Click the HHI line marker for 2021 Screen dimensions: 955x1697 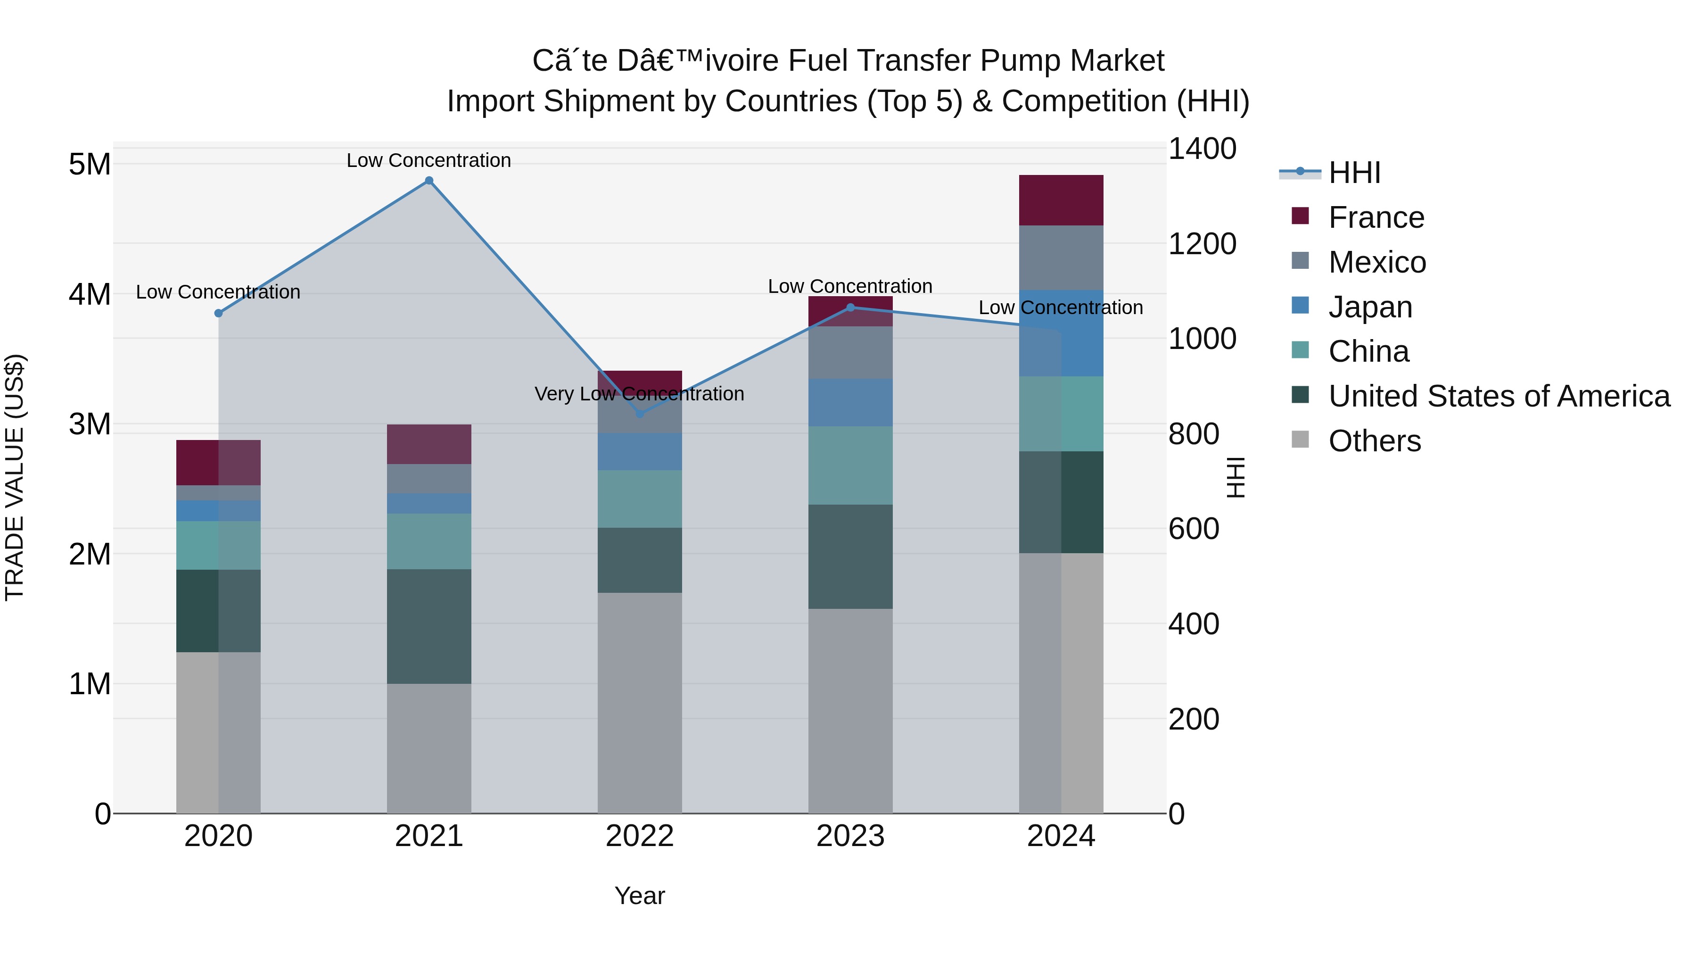point(429,181)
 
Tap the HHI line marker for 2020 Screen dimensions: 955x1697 point(219,313)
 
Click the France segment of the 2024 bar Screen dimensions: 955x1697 point(1061,200)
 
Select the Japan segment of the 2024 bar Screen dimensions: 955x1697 point(1061,333)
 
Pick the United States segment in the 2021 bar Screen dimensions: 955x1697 point(429,626)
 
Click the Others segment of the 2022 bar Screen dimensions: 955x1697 point(640,703)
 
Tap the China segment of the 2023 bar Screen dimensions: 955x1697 point(850,465)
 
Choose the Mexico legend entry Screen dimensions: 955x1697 point(1377,262)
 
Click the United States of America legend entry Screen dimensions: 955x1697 point(1499,396)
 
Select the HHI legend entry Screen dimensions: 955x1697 point(1354,173)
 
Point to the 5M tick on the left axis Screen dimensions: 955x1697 point(90,164)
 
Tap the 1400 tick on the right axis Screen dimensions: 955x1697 point(1202,149)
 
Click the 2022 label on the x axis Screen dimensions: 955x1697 point(640,836)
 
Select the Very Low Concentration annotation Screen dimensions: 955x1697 point(640,393)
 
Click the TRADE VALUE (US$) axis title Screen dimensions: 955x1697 point(15,477)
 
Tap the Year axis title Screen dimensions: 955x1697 point(640,896)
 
